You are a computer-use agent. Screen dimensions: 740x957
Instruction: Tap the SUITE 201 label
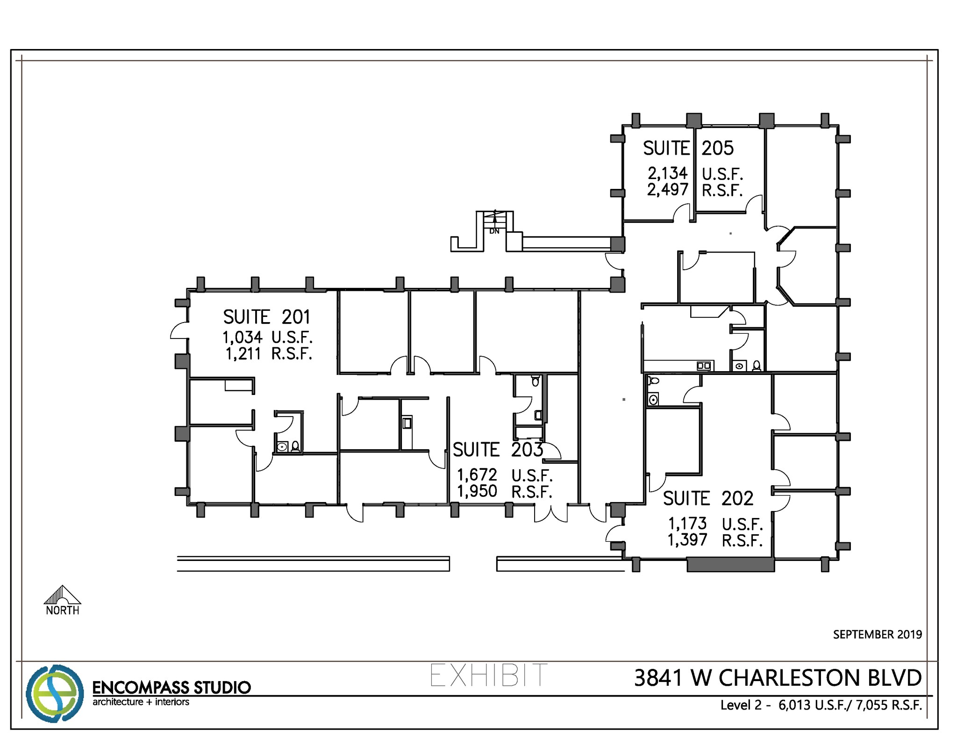tap(266, 317)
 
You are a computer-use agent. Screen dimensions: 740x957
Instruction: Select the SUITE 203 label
tap(498, 450)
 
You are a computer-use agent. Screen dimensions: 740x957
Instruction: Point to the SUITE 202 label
tap(708, 498)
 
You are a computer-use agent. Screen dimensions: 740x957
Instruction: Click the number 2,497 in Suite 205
tap(667, 190)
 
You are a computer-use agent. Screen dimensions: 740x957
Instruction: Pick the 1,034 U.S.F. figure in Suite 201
tap(267, 337)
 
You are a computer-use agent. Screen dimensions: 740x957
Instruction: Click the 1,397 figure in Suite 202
tap(687, 540)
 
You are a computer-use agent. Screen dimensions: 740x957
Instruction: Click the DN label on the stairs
tap(494, 231)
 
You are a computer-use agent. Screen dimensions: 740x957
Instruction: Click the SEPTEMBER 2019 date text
tap(877, 634)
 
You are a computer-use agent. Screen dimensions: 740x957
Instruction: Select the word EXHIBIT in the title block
tap(488, 675)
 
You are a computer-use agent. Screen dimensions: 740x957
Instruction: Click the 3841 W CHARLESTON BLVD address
tap(778, 678)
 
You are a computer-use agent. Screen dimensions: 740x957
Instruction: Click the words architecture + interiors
tap(141, 702)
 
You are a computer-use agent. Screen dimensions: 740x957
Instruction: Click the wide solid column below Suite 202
tap(730, 565)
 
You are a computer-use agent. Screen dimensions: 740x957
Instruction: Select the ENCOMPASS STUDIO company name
tap(171, 688)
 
